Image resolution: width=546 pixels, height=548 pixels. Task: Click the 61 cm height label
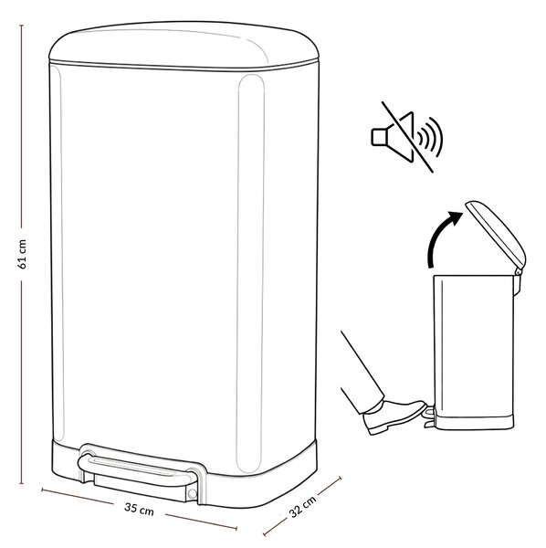coord(22,254)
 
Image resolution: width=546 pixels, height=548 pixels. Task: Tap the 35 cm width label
coord(139,509)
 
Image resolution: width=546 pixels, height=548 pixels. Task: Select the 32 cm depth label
coord(302,506)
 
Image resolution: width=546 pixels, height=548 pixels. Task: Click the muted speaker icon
coord(407,137)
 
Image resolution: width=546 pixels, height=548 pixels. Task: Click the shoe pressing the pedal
coord(394,416)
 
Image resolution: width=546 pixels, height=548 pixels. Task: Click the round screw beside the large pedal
coord(192,493)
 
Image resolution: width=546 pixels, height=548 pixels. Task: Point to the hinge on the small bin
coord(518,271)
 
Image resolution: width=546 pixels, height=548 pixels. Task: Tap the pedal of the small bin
coord(430,416)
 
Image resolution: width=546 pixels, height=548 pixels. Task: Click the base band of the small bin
coord(474,423)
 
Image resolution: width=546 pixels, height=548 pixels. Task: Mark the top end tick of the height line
coord(21,26)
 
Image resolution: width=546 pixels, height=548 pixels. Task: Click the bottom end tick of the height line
coord(21,483)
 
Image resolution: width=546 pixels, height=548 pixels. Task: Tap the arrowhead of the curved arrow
coord(456,217)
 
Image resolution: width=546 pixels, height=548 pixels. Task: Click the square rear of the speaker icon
coord(378,137)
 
